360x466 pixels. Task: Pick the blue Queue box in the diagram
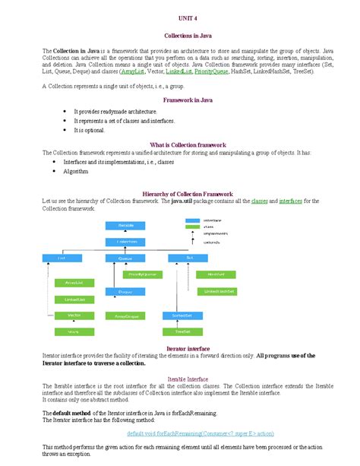click(126, 258)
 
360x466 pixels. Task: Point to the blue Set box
click(188, 258)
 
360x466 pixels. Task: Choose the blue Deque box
click(126, 292)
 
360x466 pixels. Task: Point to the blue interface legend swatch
click(192, 220)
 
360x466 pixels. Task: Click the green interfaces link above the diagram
click(290, 201)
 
